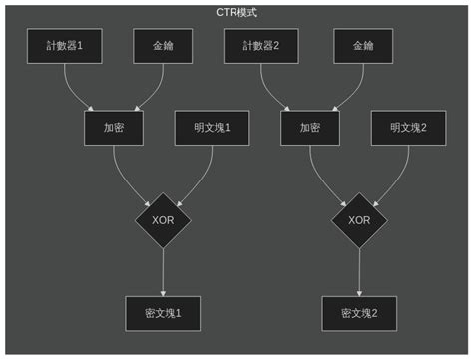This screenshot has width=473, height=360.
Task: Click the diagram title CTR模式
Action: pos(236,13)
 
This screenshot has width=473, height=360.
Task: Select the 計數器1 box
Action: pos(64,46)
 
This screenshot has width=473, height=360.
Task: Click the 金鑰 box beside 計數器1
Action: pos(163,46)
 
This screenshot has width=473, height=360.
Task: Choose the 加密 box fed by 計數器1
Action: pos(114,128)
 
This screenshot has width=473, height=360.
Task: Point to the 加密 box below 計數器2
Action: pos(310,128)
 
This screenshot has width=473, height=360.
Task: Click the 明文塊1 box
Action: pos(212,128)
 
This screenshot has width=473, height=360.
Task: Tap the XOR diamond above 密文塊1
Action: pos(163,219)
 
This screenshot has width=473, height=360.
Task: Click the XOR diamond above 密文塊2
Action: pos(359,219)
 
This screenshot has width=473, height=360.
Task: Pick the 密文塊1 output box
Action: pos(163,313)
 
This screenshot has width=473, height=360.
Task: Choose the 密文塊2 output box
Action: pos(359,313)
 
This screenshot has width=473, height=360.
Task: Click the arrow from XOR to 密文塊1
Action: pos(163,271)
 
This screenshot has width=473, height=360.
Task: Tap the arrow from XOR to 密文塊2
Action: pos(359,271)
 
